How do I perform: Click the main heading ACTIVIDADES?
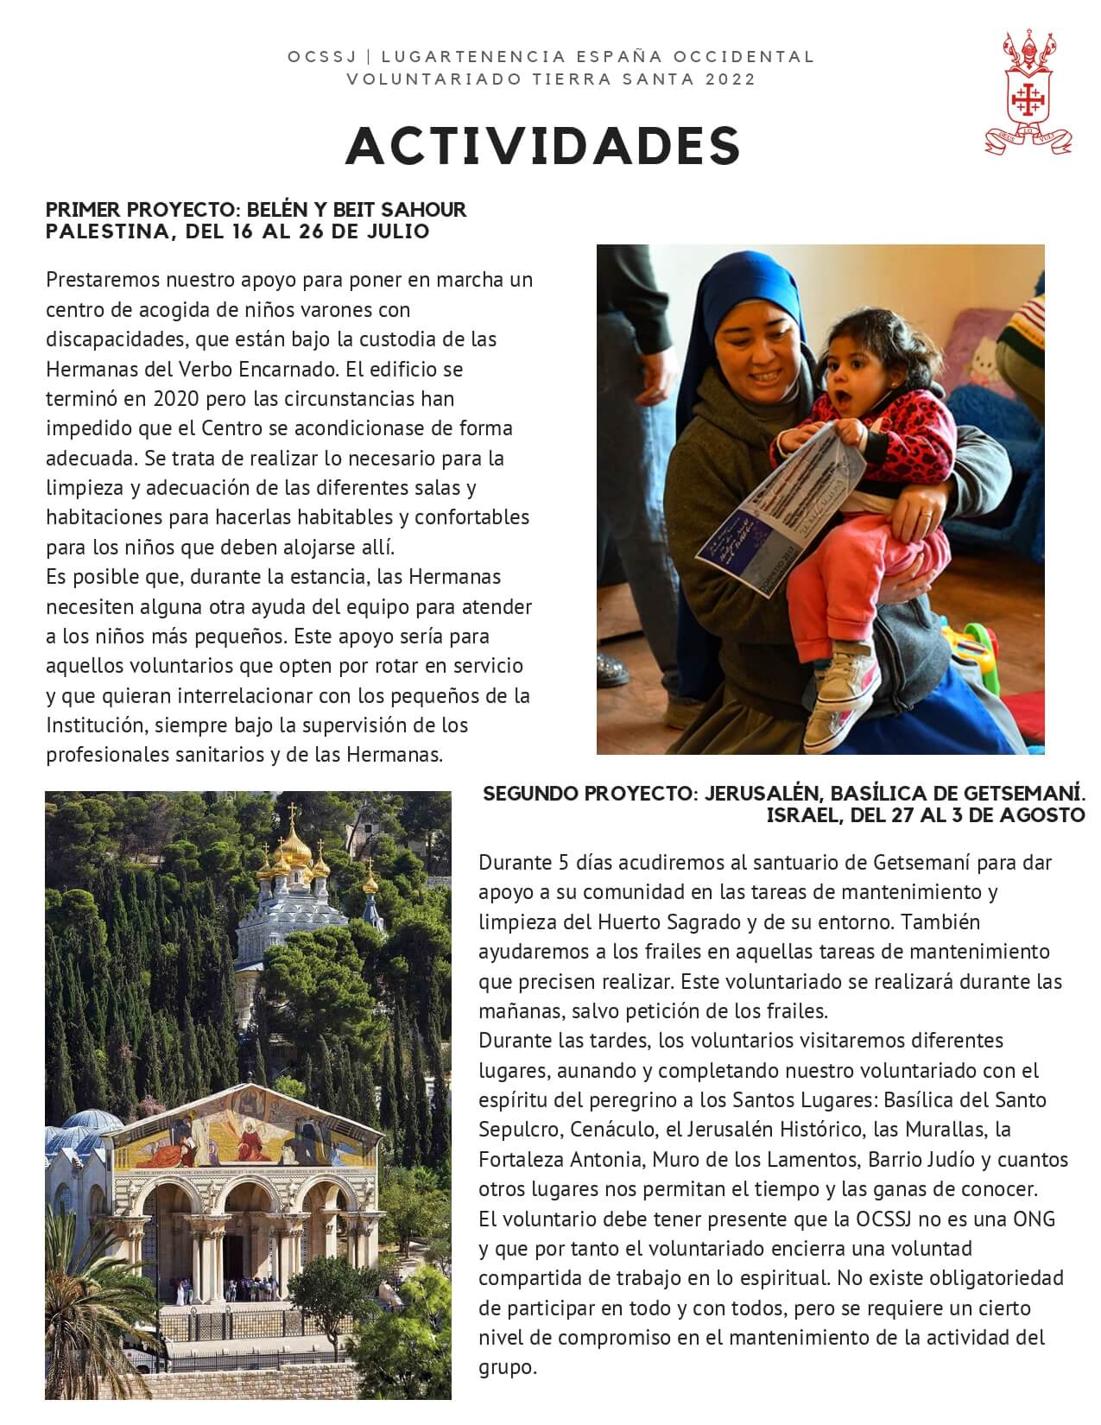point(543,146)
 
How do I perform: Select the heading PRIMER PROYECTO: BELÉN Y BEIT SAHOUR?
point(256,210)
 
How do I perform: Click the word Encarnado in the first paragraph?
point(294,369)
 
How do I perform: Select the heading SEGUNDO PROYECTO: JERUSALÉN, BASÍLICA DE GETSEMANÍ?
point(783,793)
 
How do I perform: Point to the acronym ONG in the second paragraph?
point(1035,1219)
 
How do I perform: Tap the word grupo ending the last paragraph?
point(507,1368)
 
